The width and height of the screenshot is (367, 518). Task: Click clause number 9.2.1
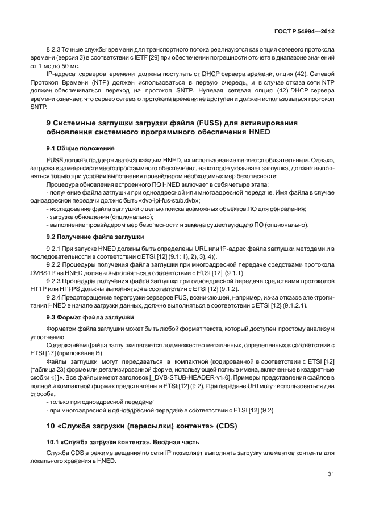pos(54,249)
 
